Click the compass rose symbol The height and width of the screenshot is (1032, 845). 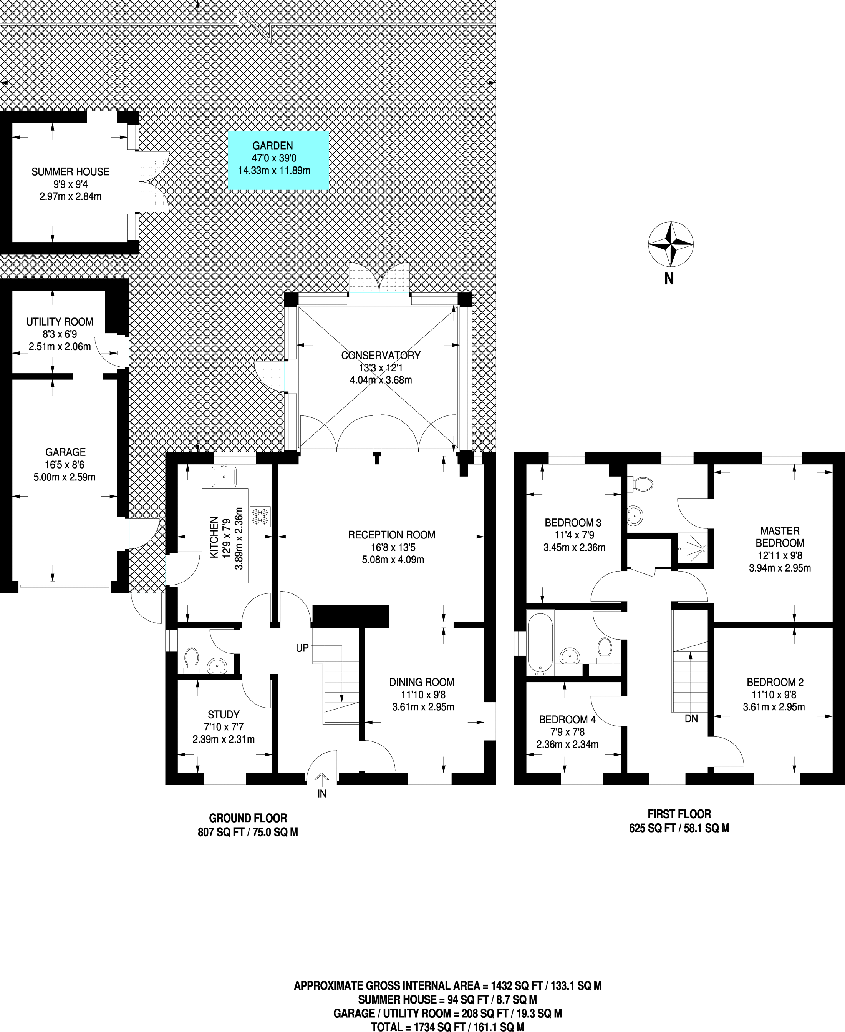tap(670, 244)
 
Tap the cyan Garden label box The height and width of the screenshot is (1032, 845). tap(278, 160)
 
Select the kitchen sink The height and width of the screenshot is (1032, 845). tap(224, 476)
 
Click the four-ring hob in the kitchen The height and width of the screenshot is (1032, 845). tap(260, 517)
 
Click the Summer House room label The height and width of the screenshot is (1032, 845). tap(71, 171)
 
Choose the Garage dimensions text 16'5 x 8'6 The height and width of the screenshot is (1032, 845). tap(66, 465)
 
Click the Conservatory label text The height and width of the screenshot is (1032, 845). tap(381, 355)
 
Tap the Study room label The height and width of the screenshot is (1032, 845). tap(224, 715)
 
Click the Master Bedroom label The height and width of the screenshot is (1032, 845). tap(780, 537)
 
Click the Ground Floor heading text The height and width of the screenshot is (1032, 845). tap(248, 818)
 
